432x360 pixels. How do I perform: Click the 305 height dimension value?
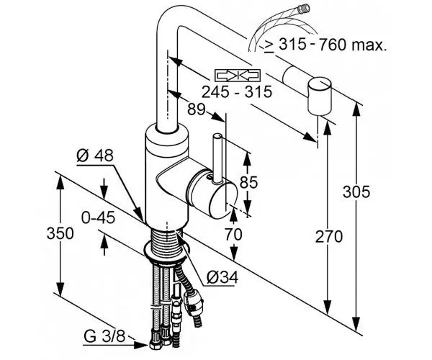click(x=358, y=192)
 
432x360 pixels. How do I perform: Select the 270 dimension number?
click(x=330, y=235)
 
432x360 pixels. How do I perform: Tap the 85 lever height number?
click(x=248, y=183)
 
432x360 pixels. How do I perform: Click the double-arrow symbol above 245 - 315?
click(x=235, y=75)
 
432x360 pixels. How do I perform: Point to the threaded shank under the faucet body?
click(x=166, y=241)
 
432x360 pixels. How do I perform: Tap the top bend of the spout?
click(x=170, y=22)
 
